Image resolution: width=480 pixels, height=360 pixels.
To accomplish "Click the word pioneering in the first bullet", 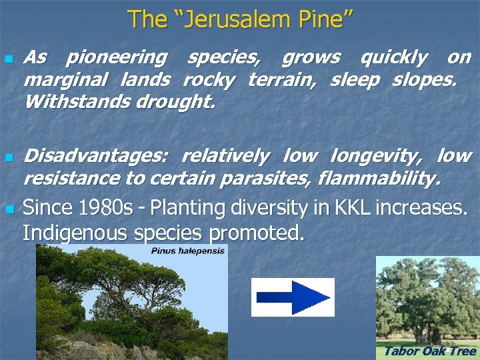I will pyautogui.click(x=116, y=58).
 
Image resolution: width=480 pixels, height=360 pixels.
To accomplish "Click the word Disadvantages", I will pyautogui.click(x=96, y=157).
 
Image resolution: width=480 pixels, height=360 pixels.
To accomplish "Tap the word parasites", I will pyautogui.click(x=275, y=179).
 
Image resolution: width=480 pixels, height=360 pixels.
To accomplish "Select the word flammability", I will pyautogui.click(x=379, y=179).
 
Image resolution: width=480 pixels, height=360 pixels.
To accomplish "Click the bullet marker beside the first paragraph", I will pyautogui.click(x=8, y=59).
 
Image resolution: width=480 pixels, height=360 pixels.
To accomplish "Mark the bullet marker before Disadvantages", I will pyautogui.click(x=8, y=158).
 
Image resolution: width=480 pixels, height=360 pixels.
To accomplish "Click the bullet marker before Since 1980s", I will pyautogui.click(x=8, y=209).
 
